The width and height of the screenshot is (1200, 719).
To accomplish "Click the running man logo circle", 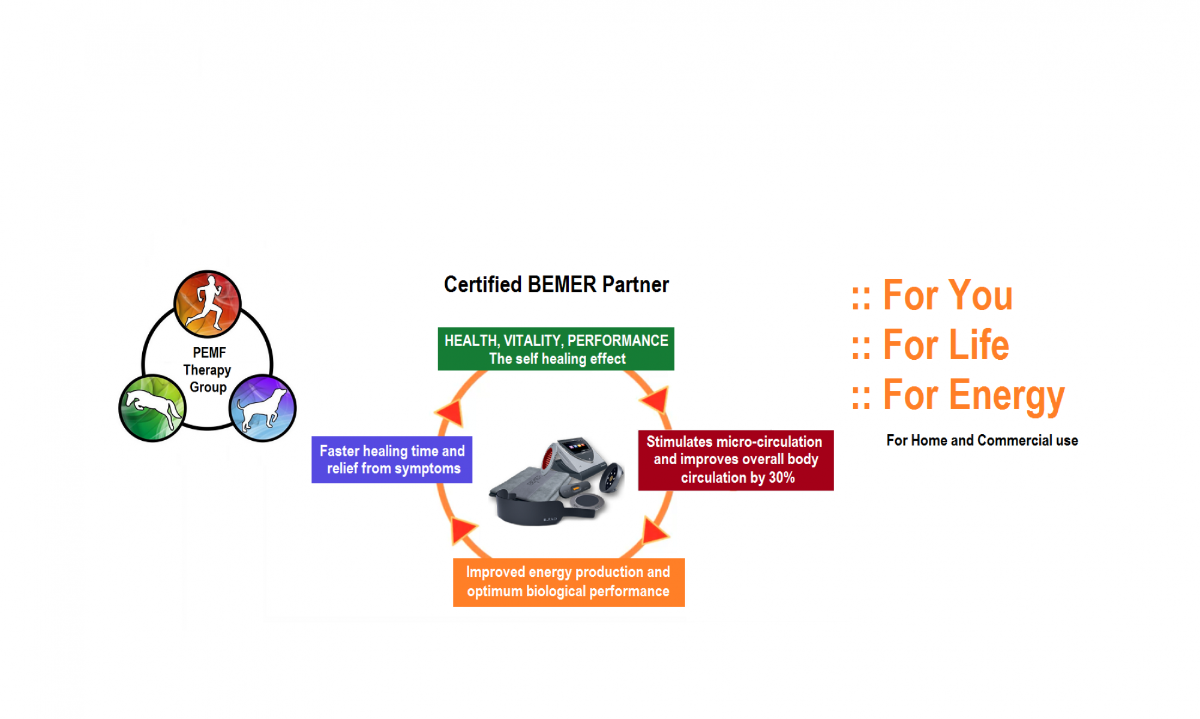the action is tap(208, 303).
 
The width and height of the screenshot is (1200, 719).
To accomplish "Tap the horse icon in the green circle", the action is tap(152, 408).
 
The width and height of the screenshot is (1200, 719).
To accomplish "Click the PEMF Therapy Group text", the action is tap(208, 370).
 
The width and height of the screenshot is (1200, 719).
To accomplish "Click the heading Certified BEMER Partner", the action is tap(556, 284).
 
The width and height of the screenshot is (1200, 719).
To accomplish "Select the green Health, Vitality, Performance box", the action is tap(556, 349).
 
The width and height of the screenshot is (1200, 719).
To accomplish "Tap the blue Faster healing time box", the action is tap(392, 460).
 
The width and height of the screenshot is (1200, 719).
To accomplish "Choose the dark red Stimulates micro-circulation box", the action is tap(736, 461).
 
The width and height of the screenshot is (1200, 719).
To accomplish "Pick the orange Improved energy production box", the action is tap(569, 582).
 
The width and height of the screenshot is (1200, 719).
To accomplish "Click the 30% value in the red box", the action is tap(782, 478).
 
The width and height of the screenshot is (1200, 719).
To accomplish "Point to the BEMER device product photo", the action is tap(557, 482).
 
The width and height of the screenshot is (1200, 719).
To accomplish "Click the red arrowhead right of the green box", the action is tap(655, 400).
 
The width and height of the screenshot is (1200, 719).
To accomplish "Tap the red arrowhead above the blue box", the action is tap(450, 413).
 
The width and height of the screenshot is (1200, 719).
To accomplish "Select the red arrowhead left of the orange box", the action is tap(463, 530).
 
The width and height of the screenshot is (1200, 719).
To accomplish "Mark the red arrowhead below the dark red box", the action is tap(655, 530).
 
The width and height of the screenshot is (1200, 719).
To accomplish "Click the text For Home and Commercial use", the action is tap(982, 440).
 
